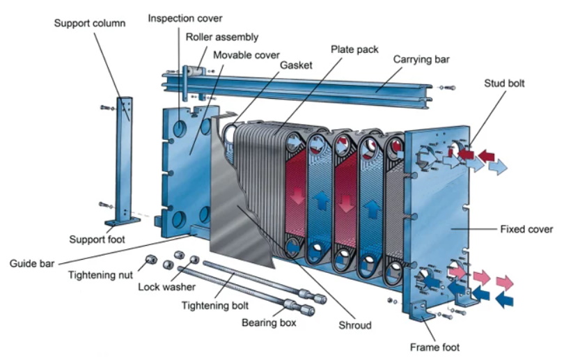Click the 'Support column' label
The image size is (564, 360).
click(90, 24)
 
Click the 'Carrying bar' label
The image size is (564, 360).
click(421, 59)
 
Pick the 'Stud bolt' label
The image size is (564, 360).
click(504, 84)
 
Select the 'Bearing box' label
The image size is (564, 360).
click(269, 322)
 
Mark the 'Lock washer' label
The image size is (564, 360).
click(166, 286)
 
